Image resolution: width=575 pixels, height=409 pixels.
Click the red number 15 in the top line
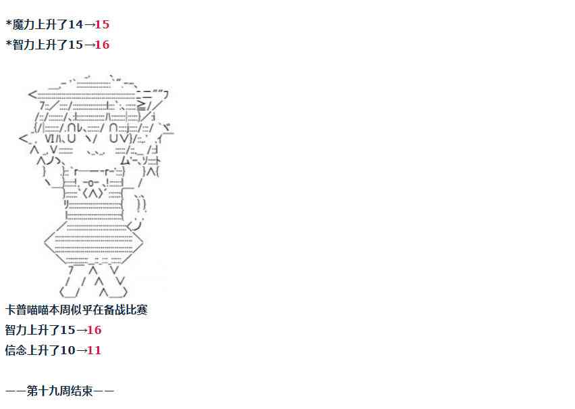102,24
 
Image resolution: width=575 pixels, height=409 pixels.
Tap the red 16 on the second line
102,45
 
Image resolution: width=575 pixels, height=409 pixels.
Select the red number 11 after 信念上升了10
94,350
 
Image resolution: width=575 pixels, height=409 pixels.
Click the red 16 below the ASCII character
94,330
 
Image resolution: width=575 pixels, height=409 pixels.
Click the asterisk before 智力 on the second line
8,45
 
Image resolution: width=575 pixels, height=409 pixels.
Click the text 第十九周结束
59,391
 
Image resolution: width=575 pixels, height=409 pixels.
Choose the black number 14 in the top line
75,24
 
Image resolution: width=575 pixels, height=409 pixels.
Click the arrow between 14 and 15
88,24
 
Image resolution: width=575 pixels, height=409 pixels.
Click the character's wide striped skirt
92,245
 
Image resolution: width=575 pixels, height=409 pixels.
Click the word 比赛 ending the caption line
136,310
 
